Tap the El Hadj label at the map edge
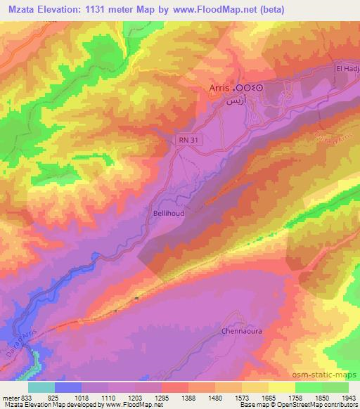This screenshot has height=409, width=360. (x=347, y=69)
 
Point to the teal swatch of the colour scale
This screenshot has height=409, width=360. (x=41, y=387)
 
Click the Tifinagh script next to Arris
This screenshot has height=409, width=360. (x=250, y=88)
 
